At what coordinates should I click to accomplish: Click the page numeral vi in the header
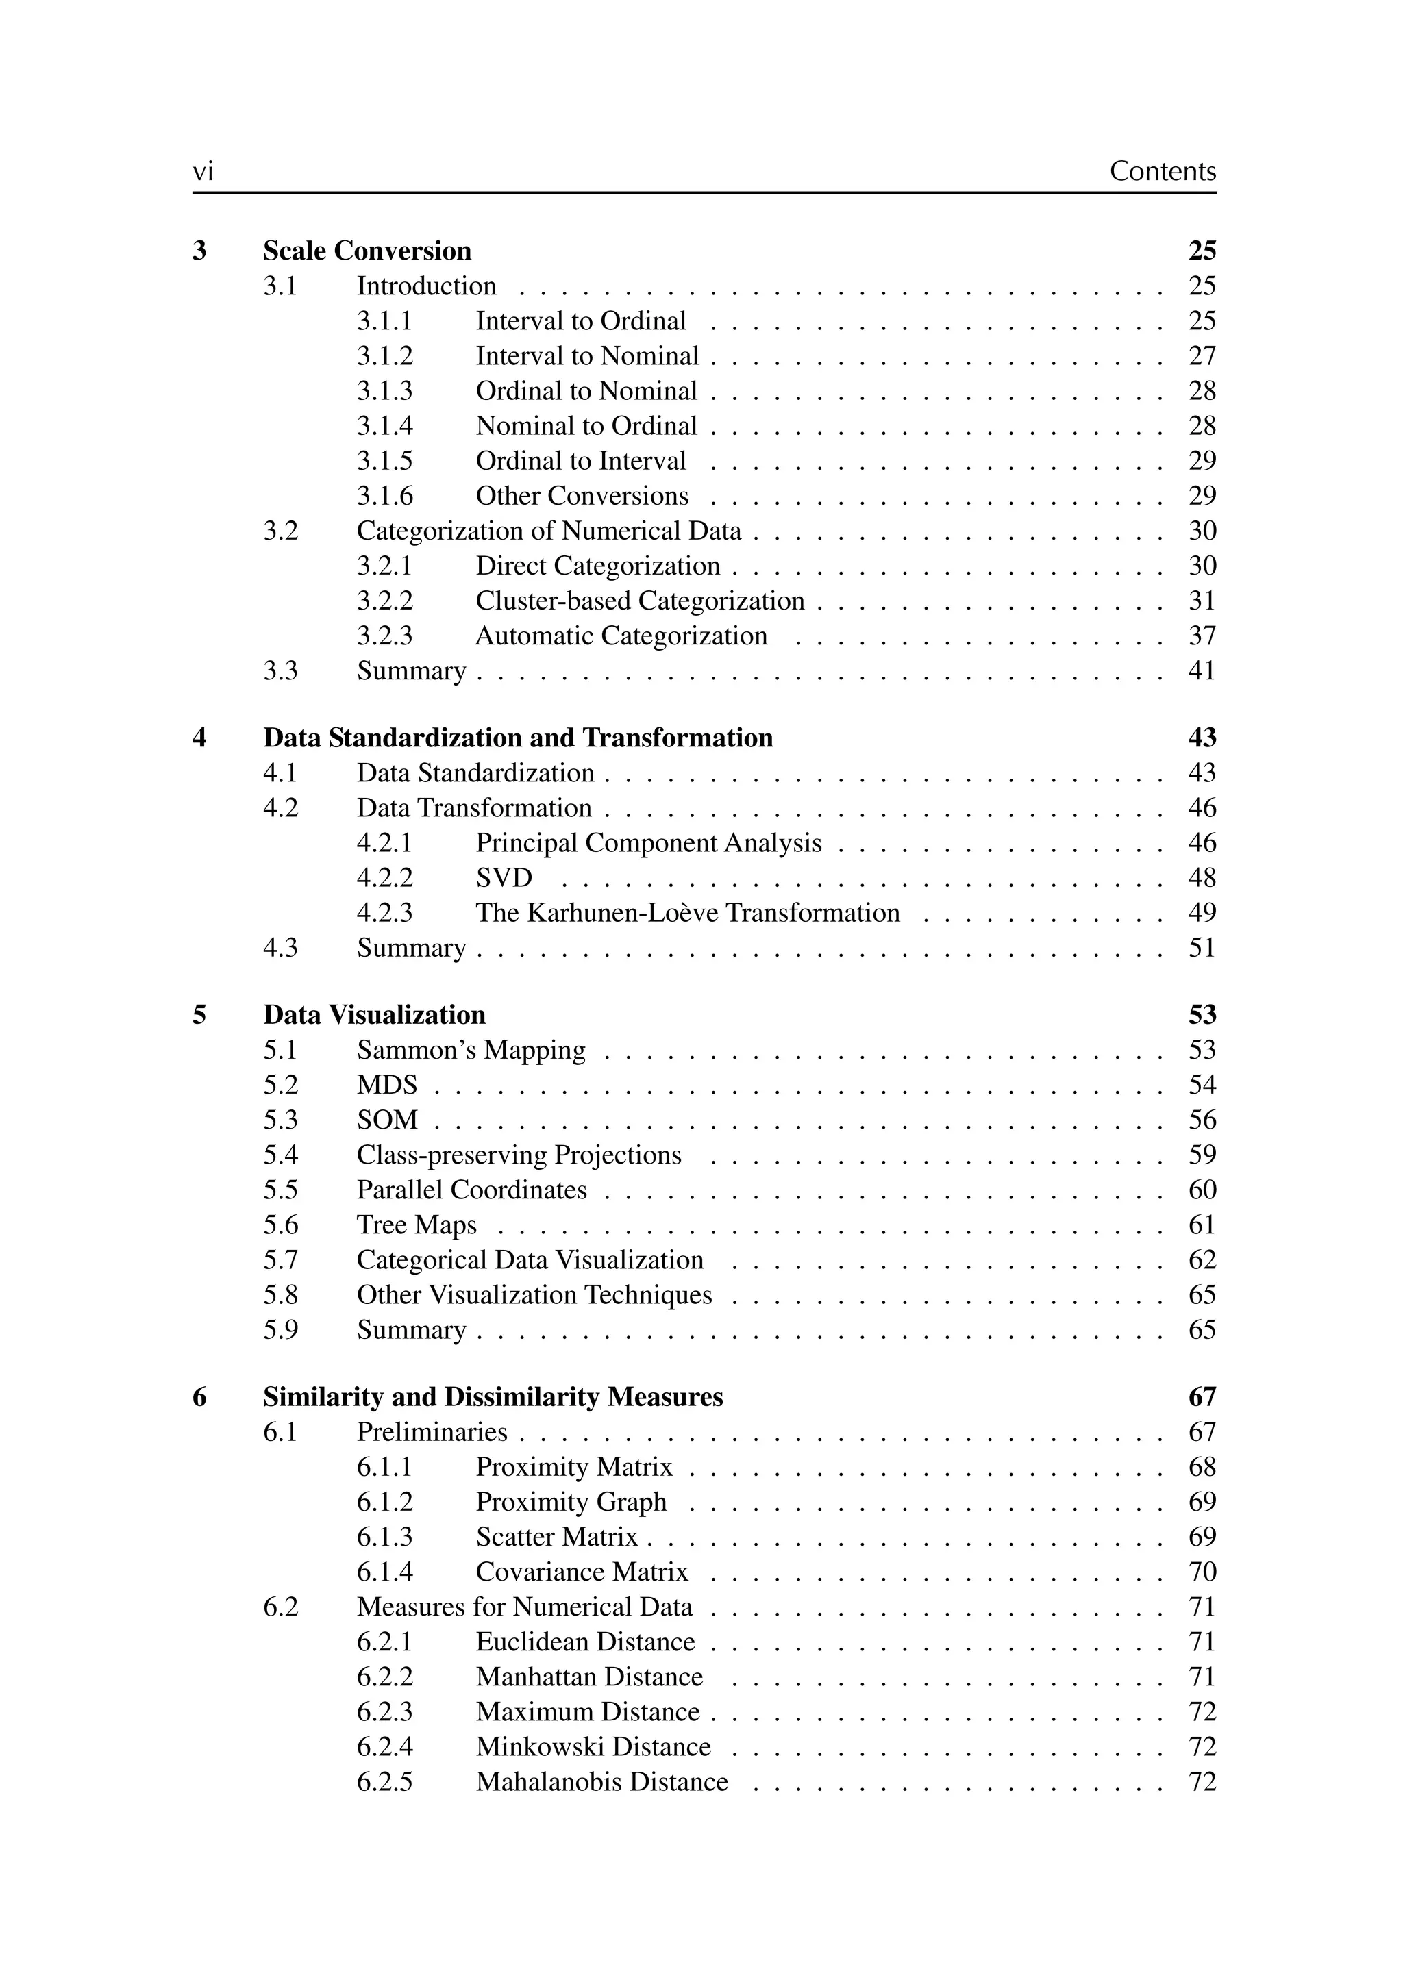[202, 172]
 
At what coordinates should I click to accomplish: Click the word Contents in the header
[1162, 171]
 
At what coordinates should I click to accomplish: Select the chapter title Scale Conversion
[367, 251]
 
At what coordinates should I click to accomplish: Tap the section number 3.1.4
[384, 426]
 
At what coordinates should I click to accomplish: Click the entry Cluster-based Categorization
[639, 601]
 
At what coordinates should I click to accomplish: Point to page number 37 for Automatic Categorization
[1202, 636]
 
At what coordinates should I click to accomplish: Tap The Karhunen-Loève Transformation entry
[687, 913]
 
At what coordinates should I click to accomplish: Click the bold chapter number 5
[199, 1015]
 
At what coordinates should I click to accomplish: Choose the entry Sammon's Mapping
[471, 1051]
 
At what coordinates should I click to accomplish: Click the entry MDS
[387, 1085]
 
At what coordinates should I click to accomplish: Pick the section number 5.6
[281, 1225]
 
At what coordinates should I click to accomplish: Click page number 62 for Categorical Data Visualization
[1202, 1260]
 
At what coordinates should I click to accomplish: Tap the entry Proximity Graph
[571, 1502]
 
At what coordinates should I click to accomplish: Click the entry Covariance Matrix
[582, 1572]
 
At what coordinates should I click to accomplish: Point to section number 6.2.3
[384, 1712]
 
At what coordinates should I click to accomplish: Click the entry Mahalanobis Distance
[601, 1782]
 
